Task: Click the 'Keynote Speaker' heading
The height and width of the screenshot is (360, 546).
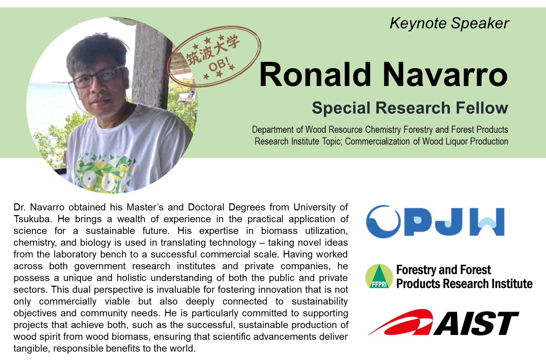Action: tap(449, 24)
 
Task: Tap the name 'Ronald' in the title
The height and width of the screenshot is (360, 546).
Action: tap(315, 74)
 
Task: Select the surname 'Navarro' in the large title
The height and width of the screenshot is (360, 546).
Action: tap(445, 74)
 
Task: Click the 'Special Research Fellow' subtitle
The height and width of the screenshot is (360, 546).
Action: tap(410, 108)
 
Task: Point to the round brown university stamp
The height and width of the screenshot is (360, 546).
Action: tap(214, 56)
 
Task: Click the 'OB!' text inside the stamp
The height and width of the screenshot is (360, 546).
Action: tap(219, 64)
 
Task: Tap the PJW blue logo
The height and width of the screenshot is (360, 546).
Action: tap(435, 222)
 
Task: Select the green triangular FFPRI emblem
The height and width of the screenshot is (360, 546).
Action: tap(379, 276)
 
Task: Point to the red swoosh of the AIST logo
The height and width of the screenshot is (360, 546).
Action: tap(401, 322)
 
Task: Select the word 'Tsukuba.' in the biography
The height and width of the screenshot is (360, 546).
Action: tap(33, 219)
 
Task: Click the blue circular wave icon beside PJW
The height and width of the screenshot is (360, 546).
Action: tap(383, 222)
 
